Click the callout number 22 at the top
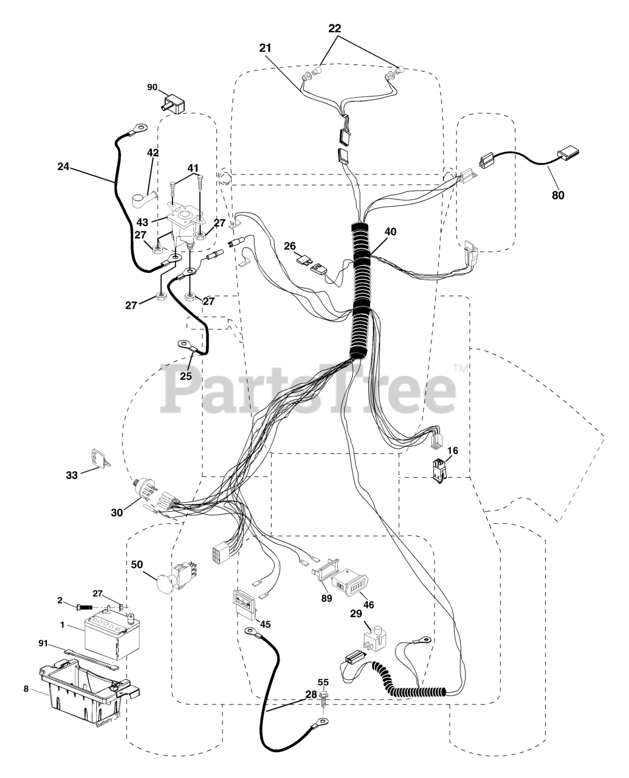(x=335, y=29)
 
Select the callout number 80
(x=557, y=195)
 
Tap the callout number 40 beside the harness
(x=390, y=232)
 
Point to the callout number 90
(x=152, y=88)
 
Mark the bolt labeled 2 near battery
(x=85, y=607)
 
